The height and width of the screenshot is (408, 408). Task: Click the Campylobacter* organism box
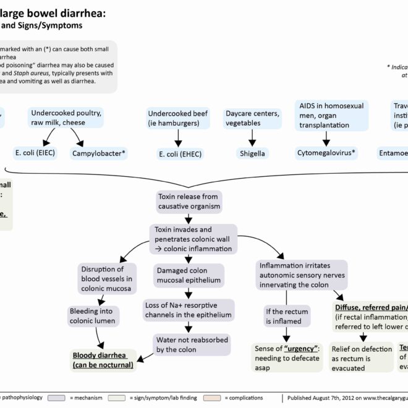tap(99, 153)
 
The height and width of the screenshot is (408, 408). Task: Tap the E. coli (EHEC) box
tap(180, 154)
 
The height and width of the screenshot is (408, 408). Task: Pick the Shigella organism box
tap(253, 153)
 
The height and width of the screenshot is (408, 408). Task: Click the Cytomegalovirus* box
tap(326, 153)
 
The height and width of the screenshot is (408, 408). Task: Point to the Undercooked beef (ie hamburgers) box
tap(179, 119)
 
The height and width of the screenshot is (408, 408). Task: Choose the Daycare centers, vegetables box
tap(252, 119)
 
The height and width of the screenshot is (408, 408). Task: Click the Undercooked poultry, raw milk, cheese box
tap(67, 118)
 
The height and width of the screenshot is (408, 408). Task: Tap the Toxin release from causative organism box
tap(188, 200)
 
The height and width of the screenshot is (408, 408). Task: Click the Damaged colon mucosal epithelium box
tap(185, 276)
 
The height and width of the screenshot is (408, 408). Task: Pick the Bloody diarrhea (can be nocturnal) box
tap(103, 359)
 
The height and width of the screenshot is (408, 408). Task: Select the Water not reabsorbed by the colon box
tap(192, 345)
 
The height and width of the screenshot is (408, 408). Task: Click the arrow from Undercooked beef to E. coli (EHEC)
tap(178, 138)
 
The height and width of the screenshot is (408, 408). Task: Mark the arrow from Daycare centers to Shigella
tap(252, 138)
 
